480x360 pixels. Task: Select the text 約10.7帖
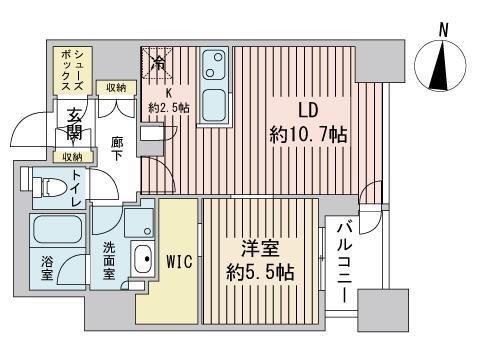(x=308, y=134)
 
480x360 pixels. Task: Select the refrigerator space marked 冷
(x=157, y=62)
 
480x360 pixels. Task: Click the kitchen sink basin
(x=213, y=66)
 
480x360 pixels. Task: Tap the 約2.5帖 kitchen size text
(x=163, y=106)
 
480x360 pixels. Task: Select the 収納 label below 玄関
(x=71, y=157)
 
